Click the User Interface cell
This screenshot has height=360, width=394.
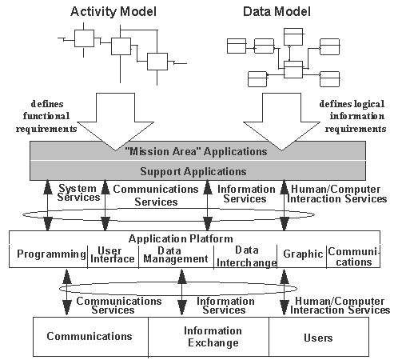(112, 255)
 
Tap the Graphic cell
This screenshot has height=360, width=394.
(301, 255)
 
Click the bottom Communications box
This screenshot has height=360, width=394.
(90, 337)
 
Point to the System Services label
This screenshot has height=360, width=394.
(78, 193)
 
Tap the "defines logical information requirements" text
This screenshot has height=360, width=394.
(352, 115)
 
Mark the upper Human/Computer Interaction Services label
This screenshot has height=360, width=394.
(336, 194)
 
